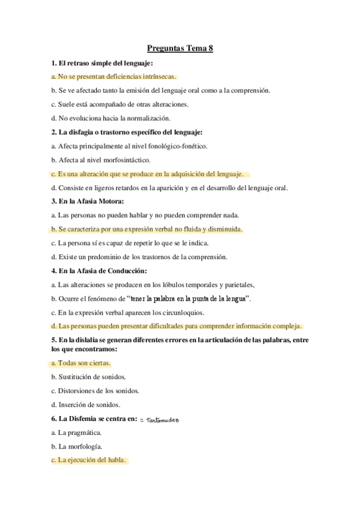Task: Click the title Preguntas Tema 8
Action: (x=180, y=49)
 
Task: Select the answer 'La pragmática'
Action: (x=79, y=432)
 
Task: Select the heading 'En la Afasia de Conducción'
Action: (x=105, y=271)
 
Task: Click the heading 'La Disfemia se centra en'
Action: (x=94, y=419)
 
